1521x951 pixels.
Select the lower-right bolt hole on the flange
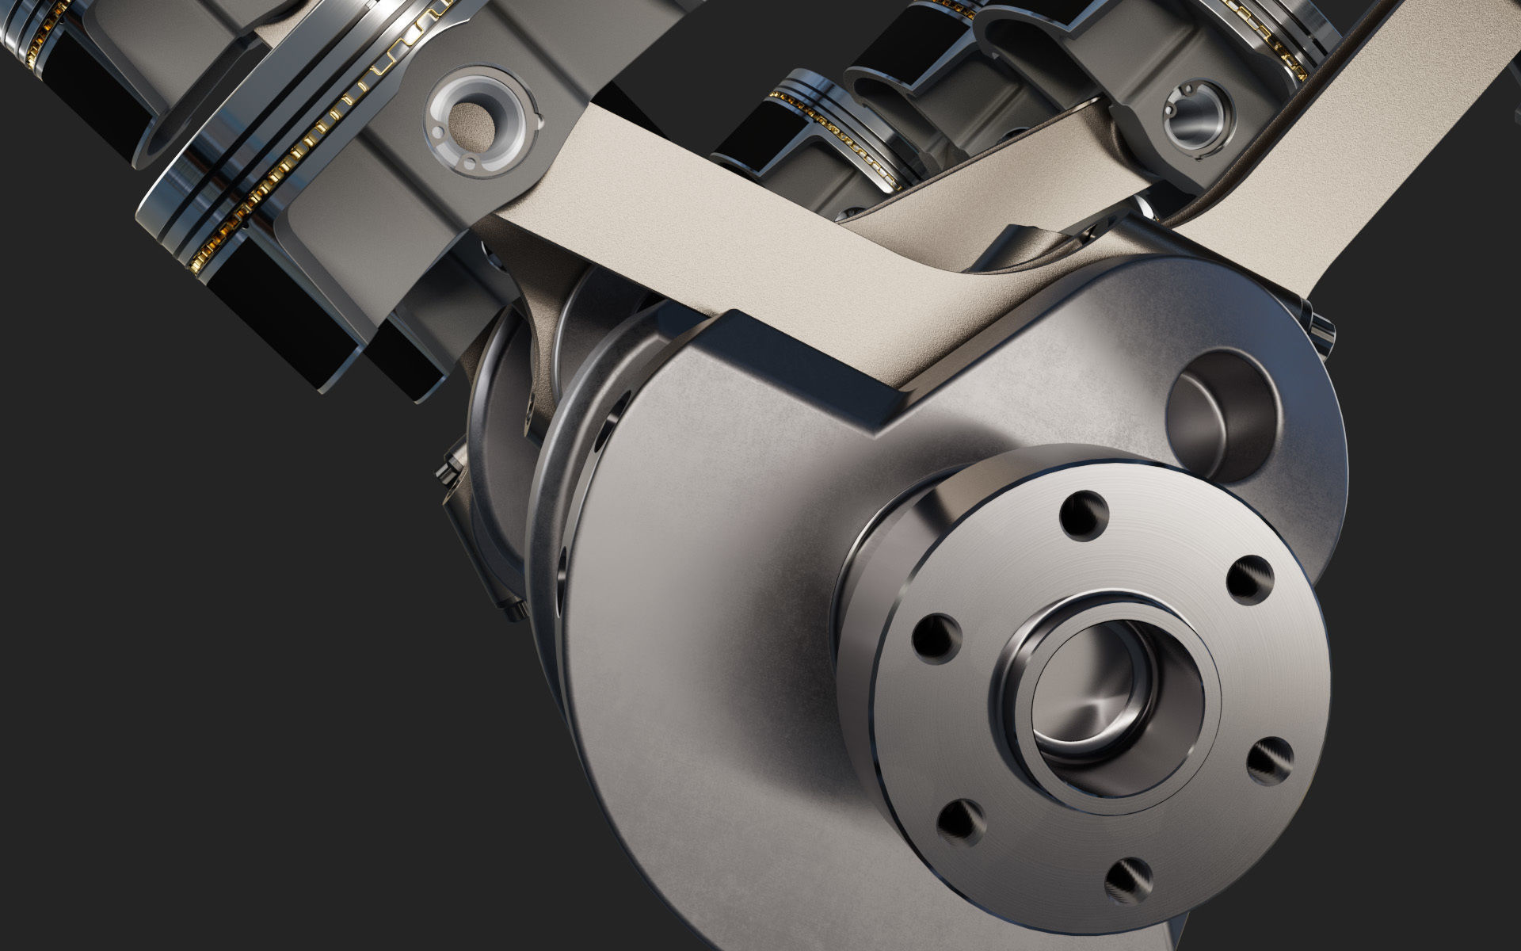(x=1270, y=759)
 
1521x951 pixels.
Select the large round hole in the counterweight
(x=1220, y=412)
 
